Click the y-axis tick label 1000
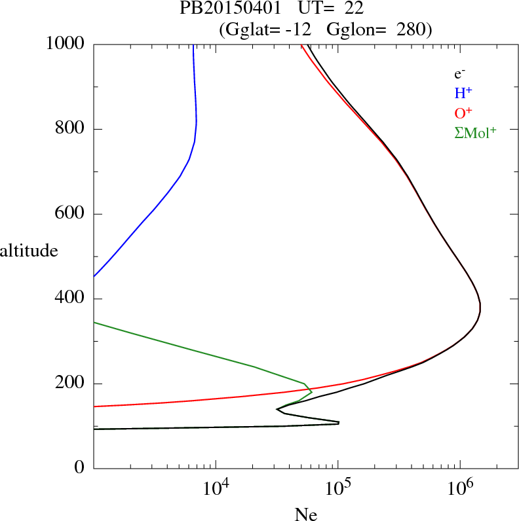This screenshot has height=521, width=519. coord(66,44)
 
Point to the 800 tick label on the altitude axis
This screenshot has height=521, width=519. coord(71,129)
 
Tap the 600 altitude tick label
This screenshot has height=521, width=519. coord(71,214)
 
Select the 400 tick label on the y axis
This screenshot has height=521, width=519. coord(71,299)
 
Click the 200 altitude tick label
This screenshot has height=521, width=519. coord(71,384)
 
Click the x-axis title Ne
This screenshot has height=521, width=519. coord(305,514)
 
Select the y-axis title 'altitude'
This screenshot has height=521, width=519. coord(29,250)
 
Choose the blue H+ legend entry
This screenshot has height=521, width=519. coord(463,93)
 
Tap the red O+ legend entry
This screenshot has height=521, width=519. coord(463,113)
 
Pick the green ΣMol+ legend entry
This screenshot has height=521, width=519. coord(475,132)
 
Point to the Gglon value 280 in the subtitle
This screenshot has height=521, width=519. coord(411,29)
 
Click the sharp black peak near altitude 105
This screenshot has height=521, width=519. coord(338,423)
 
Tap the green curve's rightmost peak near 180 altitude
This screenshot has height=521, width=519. coord(311,392)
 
